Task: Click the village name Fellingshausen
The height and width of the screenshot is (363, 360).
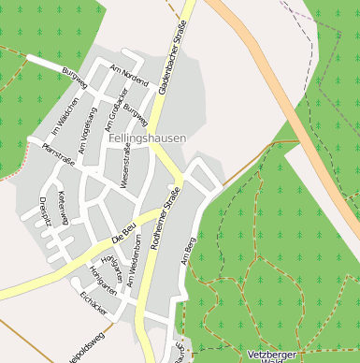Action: pos(147,138)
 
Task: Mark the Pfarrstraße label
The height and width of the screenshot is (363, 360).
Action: pos(59,155)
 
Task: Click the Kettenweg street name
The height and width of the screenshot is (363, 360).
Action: pos(64,208)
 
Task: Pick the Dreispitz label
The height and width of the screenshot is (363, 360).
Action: pos(44,214)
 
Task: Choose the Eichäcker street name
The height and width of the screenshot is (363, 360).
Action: pos(96,301)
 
